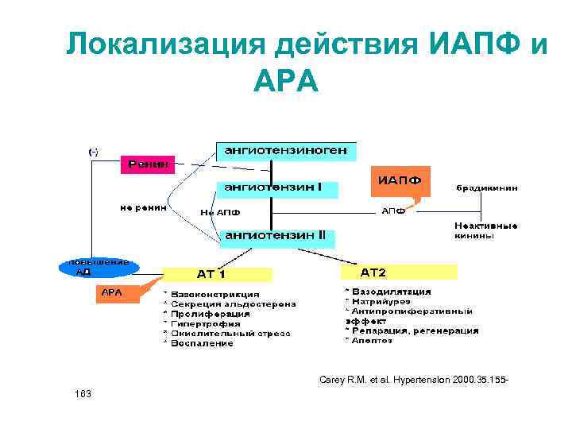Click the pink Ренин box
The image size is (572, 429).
pyautogui.click(x=145, y=164)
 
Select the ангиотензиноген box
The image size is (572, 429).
pyautogui.click(x=287, y=150)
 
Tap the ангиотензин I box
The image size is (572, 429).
pyautogui.click(x=277, y=189)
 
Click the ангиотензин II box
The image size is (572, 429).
pyautogui.click(x=277, y=237)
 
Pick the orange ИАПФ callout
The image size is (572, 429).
pyautogui.click(x=399, y=180)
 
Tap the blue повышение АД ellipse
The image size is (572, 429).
pyautogui.click(x=99, y=267)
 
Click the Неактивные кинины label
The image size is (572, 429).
pyautogui.click(x=486, y=230)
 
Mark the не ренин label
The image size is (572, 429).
pyautogui.click(x=144, y=208)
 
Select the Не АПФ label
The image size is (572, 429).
pyautogui.click(x=220, y=212)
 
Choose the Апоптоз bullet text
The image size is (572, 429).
pyautogui.click(x=371, y=340)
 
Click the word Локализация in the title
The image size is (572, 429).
pyautogui.click(x=164, y=44)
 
